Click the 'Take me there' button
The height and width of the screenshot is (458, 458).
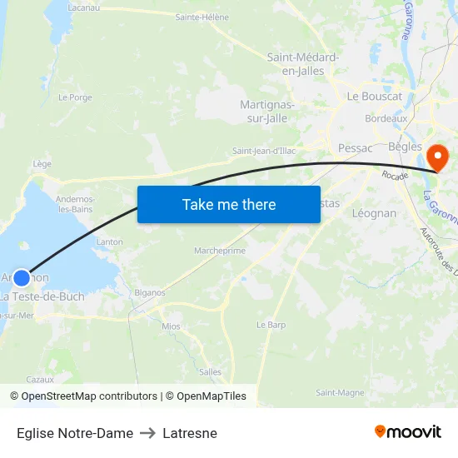tap(229, 204)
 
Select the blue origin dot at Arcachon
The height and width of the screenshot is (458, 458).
tap(22, 278)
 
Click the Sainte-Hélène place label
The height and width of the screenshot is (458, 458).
tap(202, 17)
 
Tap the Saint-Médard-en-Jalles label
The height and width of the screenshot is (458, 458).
tap(302, 64)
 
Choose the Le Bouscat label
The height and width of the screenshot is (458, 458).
tap(375, 97)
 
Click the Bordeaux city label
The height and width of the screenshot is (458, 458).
tap(386, 119)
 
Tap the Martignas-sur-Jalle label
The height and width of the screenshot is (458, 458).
tap(266, 111)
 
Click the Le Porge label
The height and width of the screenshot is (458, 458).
tap(75, 97)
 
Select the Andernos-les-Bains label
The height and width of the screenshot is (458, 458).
tap(75, 204)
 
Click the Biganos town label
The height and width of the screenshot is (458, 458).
tap(150, 293)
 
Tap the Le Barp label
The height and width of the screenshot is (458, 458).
tap(271, 325)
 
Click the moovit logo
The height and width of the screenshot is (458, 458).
tap(408, 432)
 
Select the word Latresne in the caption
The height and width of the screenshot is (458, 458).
tap(190, 433)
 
